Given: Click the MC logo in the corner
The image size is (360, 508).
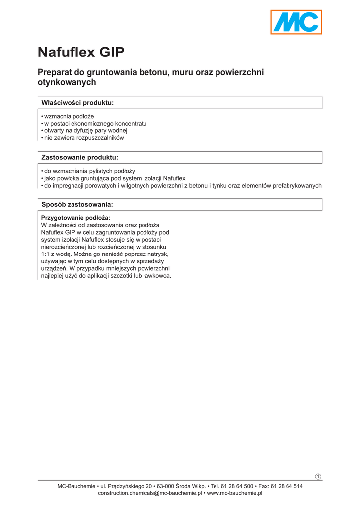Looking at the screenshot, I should click(296, 22).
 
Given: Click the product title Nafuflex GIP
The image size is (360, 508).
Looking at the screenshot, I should click(81, 52).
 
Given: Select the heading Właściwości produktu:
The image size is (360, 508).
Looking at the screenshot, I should click(77, 103).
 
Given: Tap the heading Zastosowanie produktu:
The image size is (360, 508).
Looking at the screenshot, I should click(79, 158).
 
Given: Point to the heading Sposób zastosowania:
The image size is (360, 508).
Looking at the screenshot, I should click(77, 204).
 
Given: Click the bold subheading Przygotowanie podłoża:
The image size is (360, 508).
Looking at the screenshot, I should click(75, 218).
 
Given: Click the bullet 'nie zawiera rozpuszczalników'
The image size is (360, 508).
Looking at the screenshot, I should click(84, 138).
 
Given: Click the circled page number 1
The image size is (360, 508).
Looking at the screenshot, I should click(318, 477).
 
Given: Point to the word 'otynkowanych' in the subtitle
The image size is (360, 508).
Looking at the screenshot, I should click(67, 83).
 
